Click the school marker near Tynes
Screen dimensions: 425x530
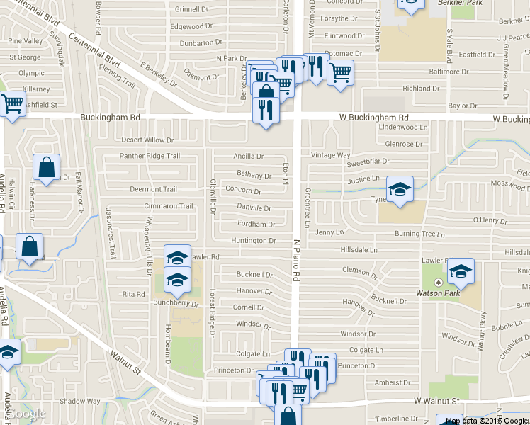(400, 190)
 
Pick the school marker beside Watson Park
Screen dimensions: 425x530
(461, 271)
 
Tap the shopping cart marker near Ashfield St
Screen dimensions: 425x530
(13, 105)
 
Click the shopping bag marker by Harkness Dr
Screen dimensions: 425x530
(46, 168)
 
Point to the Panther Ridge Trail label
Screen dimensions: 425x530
(150, 156)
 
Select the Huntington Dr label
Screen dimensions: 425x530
(253, 241)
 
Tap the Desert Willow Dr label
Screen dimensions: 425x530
(147, 140)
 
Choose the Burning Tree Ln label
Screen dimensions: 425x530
(419, 234)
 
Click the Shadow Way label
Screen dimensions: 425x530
(79, 401)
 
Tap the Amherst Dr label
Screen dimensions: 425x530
(388, 382)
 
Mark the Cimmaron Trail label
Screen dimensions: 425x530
(169, 206)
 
